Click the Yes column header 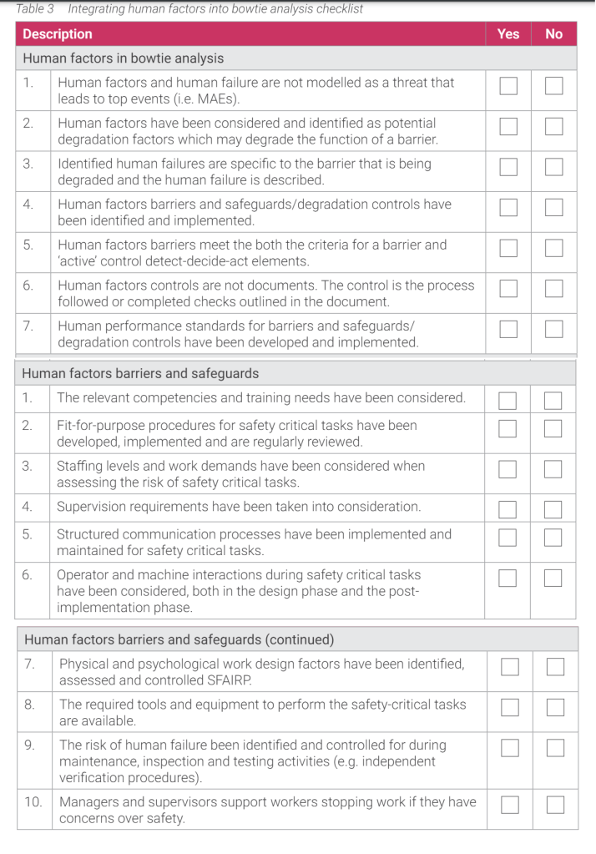point(508,34)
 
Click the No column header point(553,34)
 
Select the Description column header point(58,34)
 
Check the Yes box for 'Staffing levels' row point(508,469)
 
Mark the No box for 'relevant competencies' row point(553,401)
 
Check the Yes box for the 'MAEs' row point(508,86)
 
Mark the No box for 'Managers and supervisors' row point(555,805)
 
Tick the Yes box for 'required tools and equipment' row point(509,708)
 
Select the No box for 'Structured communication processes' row point(553,537)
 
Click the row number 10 point(33,801)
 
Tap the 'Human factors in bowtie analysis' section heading point(123,58)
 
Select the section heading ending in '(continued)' point(179,639)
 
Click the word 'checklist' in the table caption point(337,9)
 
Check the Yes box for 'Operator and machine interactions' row point(508,578)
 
